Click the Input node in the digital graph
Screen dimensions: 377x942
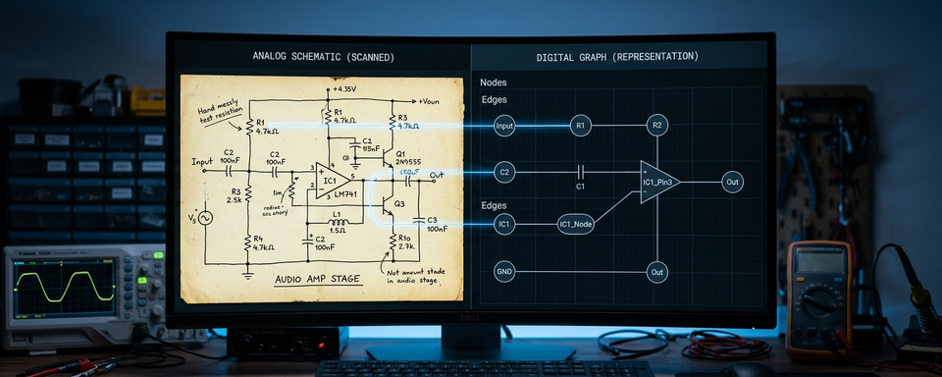click(x=504, y=126)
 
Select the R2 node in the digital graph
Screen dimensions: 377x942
click(x=657, y=125)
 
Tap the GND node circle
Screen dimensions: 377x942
click(x=504, y=271)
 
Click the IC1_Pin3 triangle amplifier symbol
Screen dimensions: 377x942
click(x=658, y=182)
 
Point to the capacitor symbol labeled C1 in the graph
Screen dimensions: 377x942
click(x=580, y=172)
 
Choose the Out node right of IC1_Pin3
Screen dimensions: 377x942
click(x=732, y=182)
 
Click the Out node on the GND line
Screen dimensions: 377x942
click(x=657, y=271)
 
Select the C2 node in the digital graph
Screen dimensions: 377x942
click(x=504, y=173)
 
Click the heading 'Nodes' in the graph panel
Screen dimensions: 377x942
click(x=494, y=82)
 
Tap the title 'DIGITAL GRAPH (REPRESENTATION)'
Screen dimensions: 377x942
click(x=617, y=57)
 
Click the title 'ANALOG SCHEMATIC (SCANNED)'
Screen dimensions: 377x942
click(x=323, y=57)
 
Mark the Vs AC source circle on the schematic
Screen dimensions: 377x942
click(x=206, y=217)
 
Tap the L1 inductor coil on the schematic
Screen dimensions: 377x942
click(x=340, y=222)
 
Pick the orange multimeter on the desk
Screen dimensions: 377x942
click(x=817, y=294)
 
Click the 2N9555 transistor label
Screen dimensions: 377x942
click(x=407, y=162)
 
